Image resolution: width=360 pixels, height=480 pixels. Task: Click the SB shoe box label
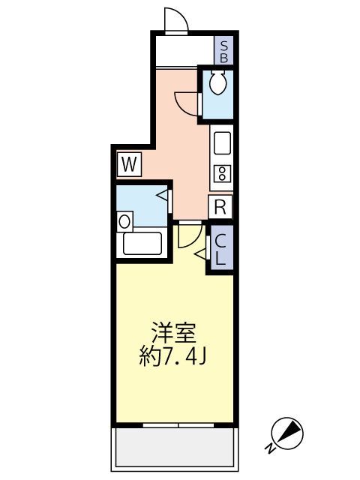[224, 50]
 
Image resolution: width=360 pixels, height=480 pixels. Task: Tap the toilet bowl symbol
[217, 84]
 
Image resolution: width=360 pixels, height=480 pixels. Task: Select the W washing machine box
[128, 164]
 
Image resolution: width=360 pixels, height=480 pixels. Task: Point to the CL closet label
[222, 249]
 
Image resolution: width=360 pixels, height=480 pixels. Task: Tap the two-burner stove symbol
[221, 175]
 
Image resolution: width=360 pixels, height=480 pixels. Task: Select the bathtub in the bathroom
[142, 244]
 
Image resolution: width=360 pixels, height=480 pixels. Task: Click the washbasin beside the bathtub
[124, 221]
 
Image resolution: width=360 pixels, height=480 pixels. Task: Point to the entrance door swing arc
[175, 21]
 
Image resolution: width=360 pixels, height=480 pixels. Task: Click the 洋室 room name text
[175, 331]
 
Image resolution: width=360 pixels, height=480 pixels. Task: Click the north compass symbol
[289, 432]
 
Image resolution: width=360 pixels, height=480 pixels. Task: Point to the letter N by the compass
[268, 449]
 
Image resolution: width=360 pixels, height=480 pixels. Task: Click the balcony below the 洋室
[175, 448]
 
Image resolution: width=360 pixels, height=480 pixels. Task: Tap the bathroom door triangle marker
[163, 198]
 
